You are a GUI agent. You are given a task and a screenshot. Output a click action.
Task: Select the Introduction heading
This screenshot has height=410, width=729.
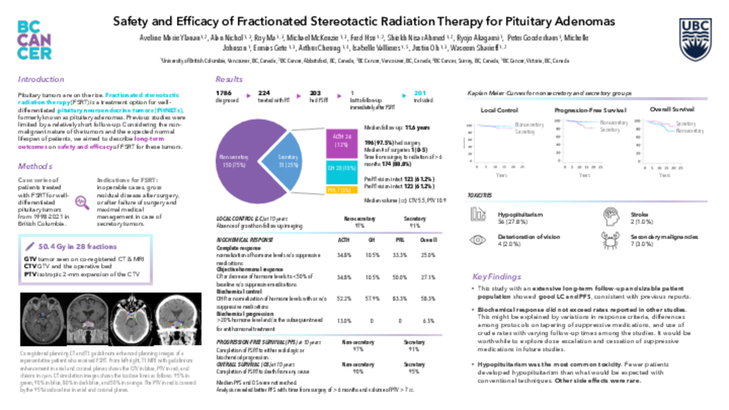41,79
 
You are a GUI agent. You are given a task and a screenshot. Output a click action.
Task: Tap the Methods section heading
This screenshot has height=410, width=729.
35,166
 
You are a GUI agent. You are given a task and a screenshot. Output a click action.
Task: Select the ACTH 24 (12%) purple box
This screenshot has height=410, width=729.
339,140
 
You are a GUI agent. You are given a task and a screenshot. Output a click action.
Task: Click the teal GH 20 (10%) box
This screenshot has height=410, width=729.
339,168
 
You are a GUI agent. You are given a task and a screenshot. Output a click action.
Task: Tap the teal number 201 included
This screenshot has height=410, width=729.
420,92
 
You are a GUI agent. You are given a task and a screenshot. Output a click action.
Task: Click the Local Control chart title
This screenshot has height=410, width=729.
500,111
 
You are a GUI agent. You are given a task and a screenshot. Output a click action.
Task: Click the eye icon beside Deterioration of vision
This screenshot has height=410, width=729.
479,240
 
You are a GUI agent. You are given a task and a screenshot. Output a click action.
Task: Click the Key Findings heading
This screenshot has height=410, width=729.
497,276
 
